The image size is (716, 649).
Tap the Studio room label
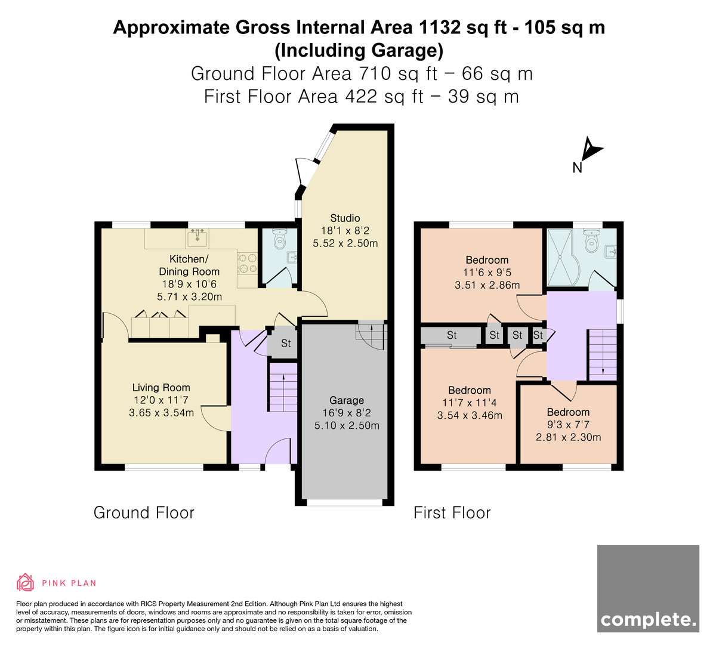point(345,218)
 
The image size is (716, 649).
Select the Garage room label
point(346,400)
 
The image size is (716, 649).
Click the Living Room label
point(161,387)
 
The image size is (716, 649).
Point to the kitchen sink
point(197,238)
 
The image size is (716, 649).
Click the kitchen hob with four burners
point(247,262)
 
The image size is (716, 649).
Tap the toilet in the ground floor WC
point(280,239)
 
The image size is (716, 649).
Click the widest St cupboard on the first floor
point(451,335)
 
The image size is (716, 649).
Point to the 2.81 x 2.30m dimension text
point(568,437)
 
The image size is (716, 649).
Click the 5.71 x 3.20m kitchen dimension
point(189,296)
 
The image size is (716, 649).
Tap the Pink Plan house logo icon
point(25,582)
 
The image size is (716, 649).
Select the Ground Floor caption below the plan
point(144,512)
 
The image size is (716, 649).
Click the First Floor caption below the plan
point(452,512)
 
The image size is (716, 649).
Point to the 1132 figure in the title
point(439,27)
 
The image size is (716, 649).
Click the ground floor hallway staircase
point(283,388)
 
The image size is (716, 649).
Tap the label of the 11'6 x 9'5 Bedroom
point(487,260)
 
